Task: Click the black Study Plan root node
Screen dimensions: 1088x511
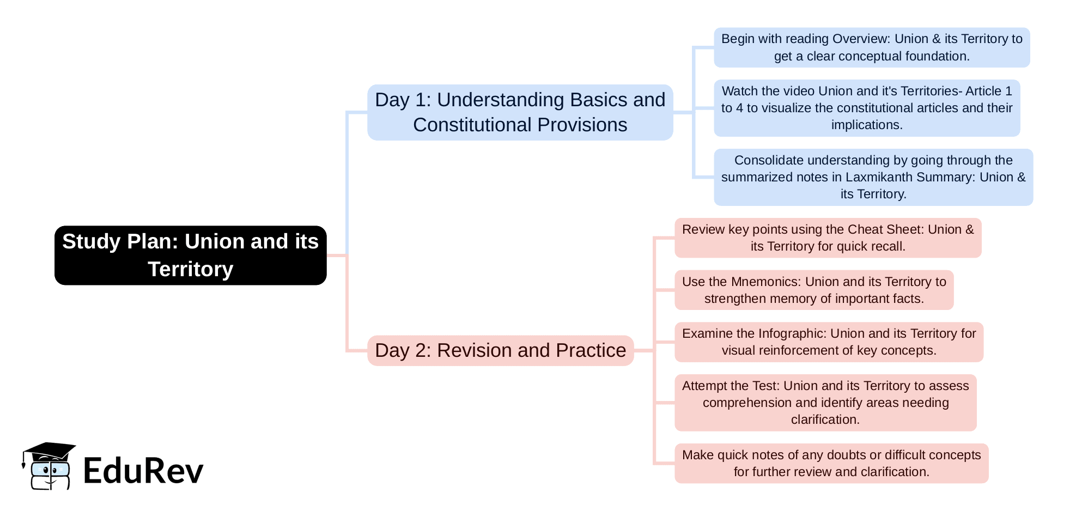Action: [x=190, y=255]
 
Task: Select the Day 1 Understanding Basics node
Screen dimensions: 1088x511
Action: [x=520, y=112]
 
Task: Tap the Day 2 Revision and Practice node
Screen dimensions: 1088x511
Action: [x=500, y=350]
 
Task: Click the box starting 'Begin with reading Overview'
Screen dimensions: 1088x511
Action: [x=872, y=47]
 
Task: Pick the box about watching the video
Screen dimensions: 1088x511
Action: [x=867, y=108]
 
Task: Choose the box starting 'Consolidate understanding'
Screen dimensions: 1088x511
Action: [x=873, y=177]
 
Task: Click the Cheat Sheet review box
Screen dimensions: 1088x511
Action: [x=828, y=238]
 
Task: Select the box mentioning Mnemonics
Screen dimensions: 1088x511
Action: [x=814, y=290]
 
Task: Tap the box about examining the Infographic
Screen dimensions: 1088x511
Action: [x=829, y=342]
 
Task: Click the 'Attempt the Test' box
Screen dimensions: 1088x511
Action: [x=825, y=403]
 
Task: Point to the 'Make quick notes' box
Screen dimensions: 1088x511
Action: [x=831, y=463]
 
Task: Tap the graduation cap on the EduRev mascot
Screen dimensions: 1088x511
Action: [x=48, y=451]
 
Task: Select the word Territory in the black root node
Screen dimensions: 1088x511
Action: [x=190, y=269]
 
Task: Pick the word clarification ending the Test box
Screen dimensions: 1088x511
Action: [x=825, y=419]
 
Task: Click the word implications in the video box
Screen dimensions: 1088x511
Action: [x=867, y=125]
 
